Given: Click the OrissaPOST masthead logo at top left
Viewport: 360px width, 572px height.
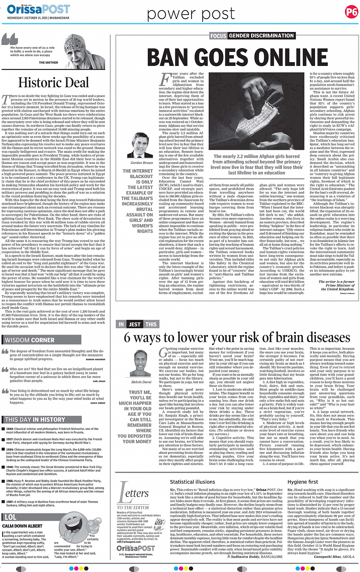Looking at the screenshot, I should click(x=38, y=9).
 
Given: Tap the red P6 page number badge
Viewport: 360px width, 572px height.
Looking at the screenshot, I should click(x=351, y=12).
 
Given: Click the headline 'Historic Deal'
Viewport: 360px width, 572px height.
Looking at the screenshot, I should click(x=53, y=83).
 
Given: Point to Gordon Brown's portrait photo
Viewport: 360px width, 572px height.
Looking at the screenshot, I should click(x=141, y=146).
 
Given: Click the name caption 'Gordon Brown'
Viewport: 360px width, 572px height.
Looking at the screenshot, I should click(x=141, y=163).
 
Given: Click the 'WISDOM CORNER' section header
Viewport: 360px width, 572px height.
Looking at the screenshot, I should click(x=30, y=340).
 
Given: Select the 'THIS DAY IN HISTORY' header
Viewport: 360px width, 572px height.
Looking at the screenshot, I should click(x=35, y=420).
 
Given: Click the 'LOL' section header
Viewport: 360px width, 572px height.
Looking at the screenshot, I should click(x=10, y=517).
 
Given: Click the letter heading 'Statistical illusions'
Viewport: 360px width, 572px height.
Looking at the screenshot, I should click(x=192, y=482).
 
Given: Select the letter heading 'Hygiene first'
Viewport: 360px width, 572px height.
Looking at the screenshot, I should click(x=302, y=482).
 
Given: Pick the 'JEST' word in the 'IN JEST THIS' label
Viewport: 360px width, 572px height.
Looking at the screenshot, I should click(x=134, y=324).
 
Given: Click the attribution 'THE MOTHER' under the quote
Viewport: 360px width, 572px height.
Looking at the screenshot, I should click(x=48, y=62).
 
